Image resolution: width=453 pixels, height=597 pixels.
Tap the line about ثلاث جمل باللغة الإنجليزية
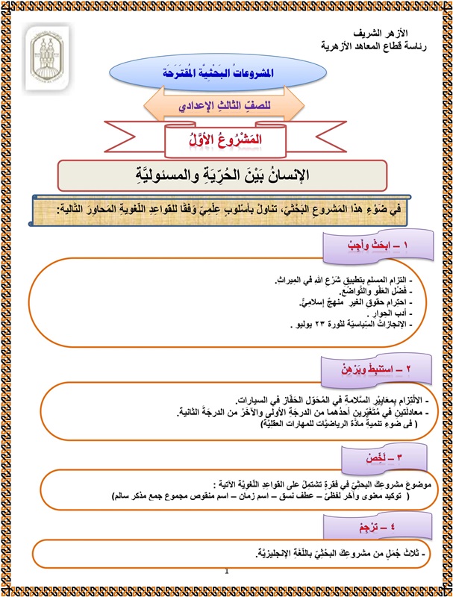coord(328,553)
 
